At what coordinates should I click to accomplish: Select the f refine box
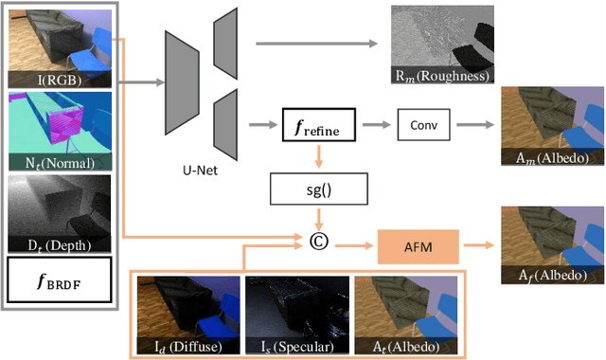pyautogui.click(x=319, y=124)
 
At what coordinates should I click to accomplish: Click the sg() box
pyautogui.click(x=320, y=189)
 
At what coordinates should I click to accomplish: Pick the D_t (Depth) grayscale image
pyautogui.click(x=59, y=210)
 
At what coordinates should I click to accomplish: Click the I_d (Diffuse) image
pyautogui.click(x=187, y=314)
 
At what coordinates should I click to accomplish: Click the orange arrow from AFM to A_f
pyautogui.click(x=478, y=245)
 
